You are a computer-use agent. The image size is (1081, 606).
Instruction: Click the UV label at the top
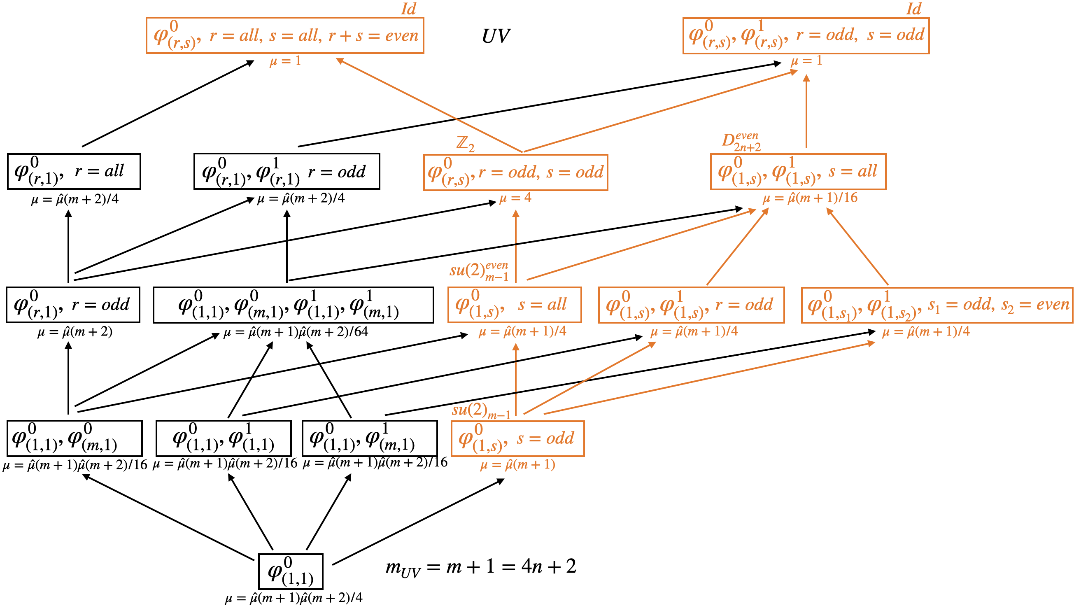[496, 36]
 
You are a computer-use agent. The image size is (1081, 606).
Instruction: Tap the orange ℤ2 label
[466, 144]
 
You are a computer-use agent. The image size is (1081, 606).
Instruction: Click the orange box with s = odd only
[517, 438]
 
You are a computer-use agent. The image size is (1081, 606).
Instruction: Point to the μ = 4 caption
[515, 198]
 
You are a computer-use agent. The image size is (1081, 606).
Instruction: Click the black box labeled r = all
[74, 172]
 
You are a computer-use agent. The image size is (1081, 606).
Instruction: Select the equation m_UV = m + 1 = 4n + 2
[481, 567]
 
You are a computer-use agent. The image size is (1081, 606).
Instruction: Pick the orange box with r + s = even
[285, 36]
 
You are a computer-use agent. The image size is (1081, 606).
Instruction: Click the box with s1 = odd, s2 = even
[937, 305]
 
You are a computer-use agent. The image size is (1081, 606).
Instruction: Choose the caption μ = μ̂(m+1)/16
[810, 198]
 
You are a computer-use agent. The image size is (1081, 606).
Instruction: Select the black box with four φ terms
[294, 305]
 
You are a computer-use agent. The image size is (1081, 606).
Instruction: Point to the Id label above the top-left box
[408, 9]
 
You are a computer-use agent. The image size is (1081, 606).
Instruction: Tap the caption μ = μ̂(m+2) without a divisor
[75, 332]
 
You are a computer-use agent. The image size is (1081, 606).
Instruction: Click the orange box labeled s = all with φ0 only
[515, 305]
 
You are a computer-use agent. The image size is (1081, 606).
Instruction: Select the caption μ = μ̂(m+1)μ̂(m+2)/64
[296, 332]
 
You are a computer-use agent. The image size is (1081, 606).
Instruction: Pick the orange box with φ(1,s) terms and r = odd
[691, 305]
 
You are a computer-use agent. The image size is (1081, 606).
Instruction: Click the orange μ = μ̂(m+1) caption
[517, 464]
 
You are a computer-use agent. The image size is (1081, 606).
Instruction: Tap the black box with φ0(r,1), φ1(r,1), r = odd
[287, 172]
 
